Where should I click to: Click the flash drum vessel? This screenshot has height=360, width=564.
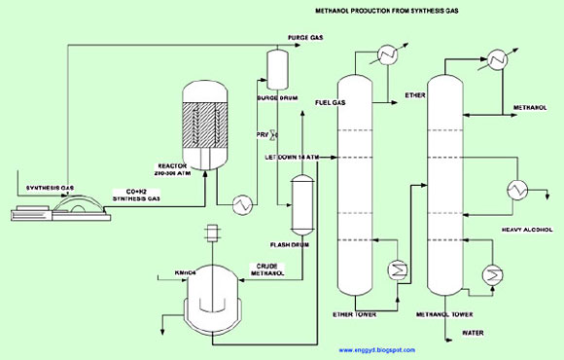[300, 200]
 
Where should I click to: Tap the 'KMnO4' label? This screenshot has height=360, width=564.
[185, 272]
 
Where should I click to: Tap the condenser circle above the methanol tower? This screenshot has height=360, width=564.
[500, 58]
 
